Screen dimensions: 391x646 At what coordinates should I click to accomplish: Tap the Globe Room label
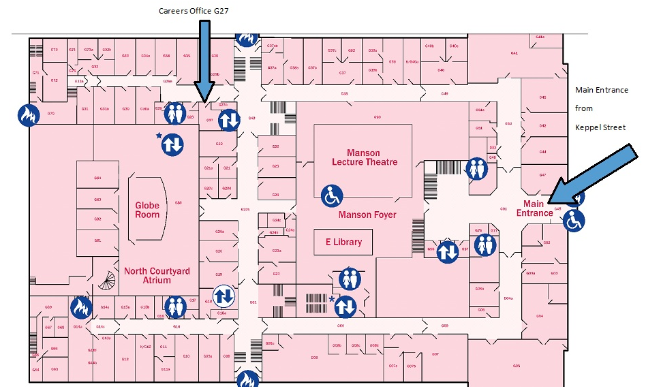click(x=147, y=210)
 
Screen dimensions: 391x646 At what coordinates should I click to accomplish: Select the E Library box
click(x=343, y=242)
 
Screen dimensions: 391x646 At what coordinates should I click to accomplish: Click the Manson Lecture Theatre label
click(x=363, y=157)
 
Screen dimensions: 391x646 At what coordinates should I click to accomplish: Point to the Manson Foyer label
click(x=367, y=215)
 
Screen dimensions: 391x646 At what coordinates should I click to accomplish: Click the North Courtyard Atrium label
click(x=157, y=276)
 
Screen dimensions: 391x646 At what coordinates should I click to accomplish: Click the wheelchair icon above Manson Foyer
click(x=332, y=196)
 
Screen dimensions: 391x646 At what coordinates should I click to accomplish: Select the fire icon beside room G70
click(x=27, y=114)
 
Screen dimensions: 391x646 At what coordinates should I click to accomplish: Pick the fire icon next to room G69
click(x=80, y=308)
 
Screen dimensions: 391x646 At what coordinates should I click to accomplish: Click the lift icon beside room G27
click(x=229, y=120)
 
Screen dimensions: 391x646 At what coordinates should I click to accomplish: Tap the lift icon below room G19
click(x=224, y=296)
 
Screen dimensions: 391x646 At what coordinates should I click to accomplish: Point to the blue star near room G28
click(x=159, y=136)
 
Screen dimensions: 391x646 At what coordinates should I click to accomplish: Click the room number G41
click(x=514, y=52)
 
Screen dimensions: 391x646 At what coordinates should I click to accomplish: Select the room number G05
click(x=517, y=366)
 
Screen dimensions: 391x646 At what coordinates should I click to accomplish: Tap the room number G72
click(x=55, y=80)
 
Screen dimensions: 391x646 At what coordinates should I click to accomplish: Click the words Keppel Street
click(x=600, y=127)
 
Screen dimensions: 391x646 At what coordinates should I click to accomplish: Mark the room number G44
click(x=543, y=151)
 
